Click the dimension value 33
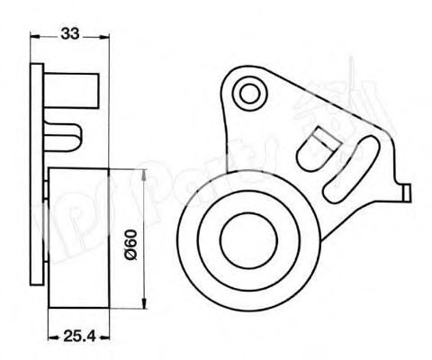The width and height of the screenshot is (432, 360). pyautogui.click(x=70, y=33)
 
